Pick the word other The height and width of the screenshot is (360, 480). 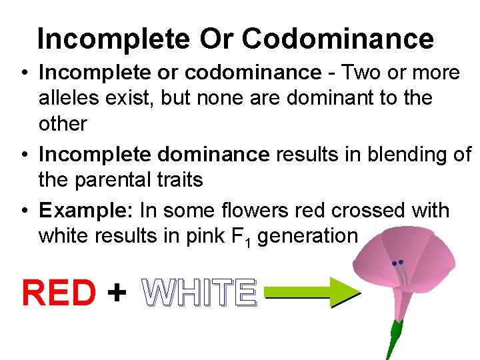(x=63, y=123)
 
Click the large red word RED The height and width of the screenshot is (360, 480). (x=59, y=293)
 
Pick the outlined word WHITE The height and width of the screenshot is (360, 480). (x=199, y=293)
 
